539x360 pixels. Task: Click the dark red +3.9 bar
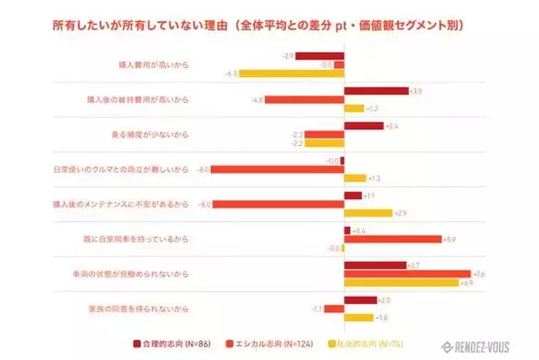click(376, 91)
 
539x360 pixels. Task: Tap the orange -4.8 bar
click(304, 99)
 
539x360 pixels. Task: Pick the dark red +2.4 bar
click(364, 126)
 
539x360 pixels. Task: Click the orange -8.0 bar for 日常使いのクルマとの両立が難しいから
click(277, 169)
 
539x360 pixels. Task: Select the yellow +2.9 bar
click(367, 213)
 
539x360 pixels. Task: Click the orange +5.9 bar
click(392, 239)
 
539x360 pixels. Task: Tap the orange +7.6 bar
click(407, 273)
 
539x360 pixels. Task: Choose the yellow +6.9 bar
click(401, 283)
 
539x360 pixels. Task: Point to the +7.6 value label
click(479, 274)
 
